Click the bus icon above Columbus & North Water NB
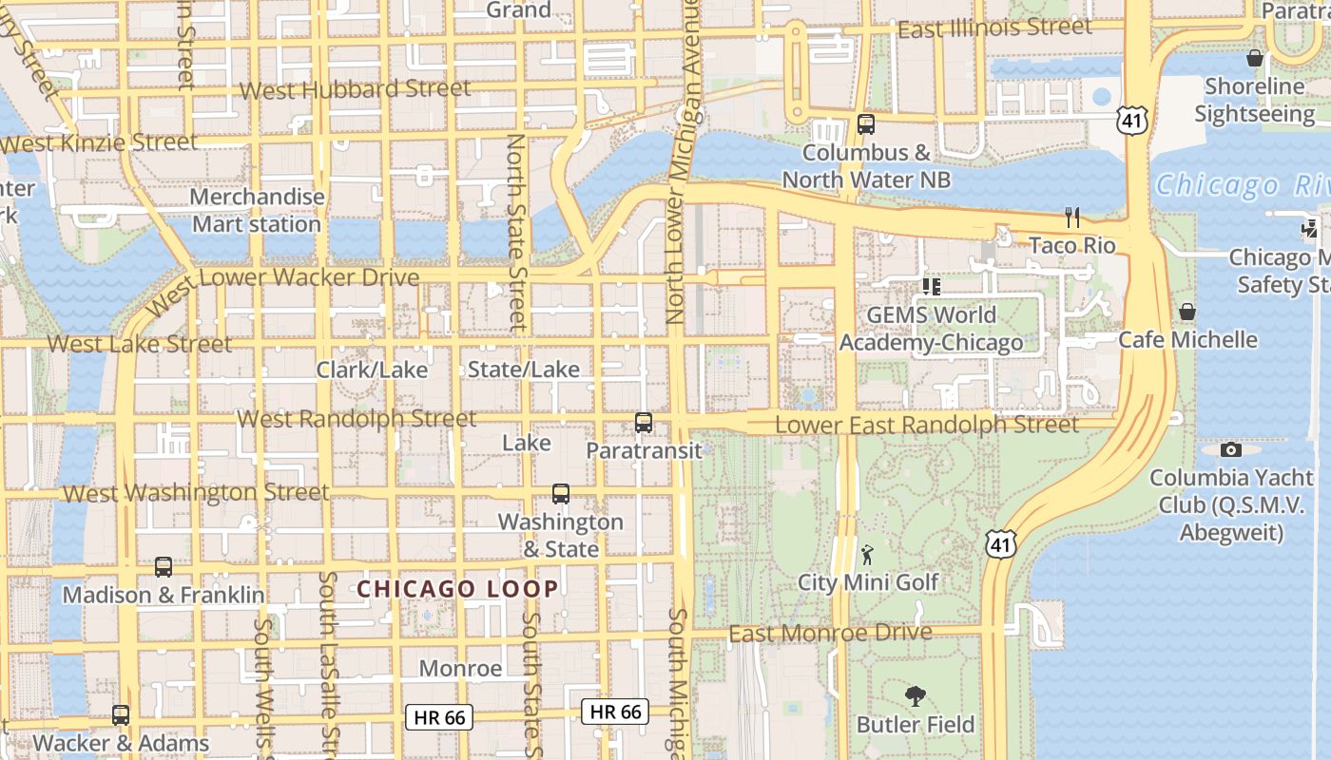tap(865, 123)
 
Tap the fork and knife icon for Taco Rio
tap(1072, 218)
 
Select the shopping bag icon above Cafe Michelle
tap(1187, 312)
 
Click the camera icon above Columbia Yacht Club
tap(1231, 449)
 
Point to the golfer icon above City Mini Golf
tap(867, 555)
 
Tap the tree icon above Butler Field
tap(916, 696)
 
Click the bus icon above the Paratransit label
tap(644, 423)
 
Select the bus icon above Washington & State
tap(561, 494)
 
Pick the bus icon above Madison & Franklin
tap(164, 567)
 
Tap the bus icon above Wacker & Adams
tap(121, 715)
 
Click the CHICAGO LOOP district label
tap(458, 589)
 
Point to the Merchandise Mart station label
tap(257, 211)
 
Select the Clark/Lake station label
tap(372, 370)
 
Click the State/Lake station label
tap(524, 370)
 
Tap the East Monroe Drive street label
tap(830, 633)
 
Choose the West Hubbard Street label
tap(356, 90)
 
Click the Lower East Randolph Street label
tap(927, 425)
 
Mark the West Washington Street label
tap(196, 493)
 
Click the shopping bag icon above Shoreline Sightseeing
tap(1255, 59)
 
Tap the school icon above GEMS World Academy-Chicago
tap(931, 286)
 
